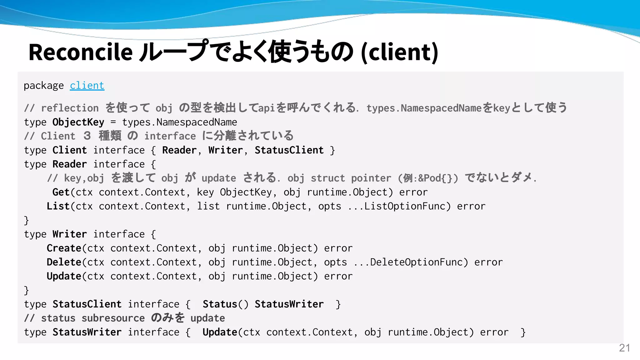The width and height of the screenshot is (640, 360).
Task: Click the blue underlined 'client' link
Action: click(x=87, y=85)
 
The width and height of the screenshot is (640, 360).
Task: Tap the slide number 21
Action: click(x=624, y=348)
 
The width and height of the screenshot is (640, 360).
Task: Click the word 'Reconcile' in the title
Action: click(x=81, y=52)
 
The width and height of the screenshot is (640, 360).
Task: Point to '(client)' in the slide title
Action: click(x=399, y=52)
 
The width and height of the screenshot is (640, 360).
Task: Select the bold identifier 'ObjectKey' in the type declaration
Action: click(x=78, y=122)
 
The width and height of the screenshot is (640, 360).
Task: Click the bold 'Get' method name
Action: click(x=61, y=192)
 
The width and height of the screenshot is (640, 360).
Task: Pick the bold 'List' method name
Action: click(x=58, y=206)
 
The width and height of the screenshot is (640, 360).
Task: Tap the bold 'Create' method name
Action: click(x=64, y=248)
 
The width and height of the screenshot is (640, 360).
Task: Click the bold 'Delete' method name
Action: click(x=64, y=262)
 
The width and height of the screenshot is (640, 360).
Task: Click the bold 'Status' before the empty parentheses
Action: click(x=220, y=304)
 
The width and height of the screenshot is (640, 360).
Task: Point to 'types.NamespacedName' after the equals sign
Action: click(x=180, y=122)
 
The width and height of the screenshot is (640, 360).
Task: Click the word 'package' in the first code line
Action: click(x=44, y=85)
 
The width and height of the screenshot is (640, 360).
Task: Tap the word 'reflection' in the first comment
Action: click(x=70, y=108)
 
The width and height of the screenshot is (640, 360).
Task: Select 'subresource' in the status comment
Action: click(x=113, y=318)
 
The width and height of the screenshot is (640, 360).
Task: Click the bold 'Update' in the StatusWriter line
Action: click(x=220, y=332)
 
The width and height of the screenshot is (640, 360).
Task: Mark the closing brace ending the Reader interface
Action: click(x=27, y=220)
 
